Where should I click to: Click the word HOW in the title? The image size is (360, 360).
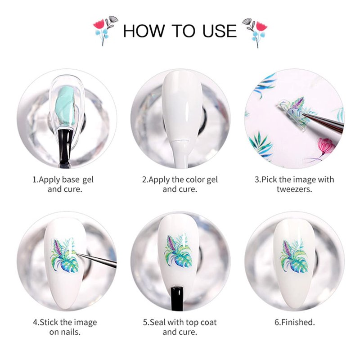[x=144, y=31]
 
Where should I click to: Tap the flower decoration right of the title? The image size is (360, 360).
[x=255, y=32]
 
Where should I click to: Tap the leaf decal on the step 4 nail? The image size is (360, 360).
[x=65, y=255]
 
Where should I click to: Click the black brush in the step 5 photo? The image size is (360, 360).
[x=177, y=298]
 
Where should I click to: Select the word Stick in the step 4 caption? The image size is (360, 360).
[x=49, y=322]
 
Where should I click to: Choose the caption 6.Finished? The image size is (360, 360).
[x=295, y=322]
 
